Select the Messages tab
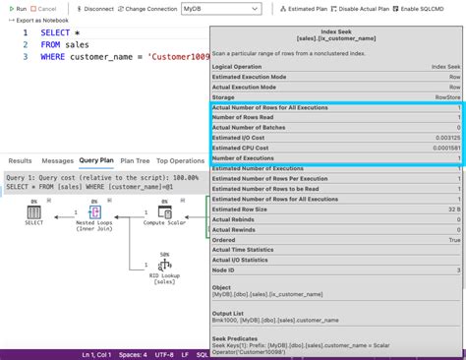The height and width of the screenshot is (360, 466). tap(57, 159)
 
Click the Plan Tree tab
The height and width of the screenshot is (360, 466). tap(135, 159)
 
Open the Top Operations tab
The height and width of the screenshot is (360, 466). tap(180, 159)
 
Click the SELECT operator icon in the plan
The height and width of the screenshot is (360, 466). tap(34, 210)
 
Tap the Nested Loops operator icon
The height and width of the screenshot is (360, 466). tap(94, 210)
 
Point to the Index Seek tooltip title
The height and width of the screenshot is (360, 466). tap(337, 36)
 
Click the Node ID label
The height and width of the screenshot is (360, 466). tap(227, 270)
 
